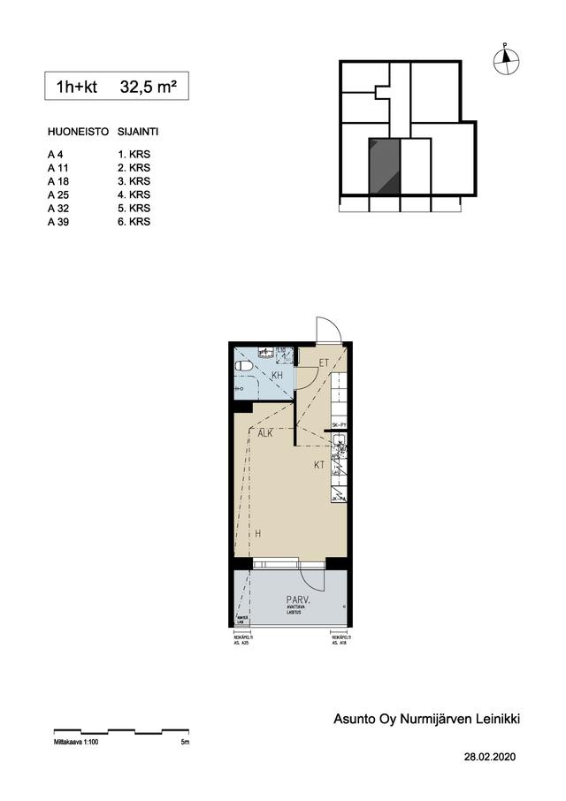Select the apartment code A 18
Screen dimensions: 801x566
(57, 181)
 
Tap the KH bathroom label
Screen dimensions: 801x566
(277, 376)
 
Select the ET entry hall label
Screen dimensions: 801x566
(324, 362)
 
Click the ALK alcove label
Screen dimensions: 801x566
(265, 434)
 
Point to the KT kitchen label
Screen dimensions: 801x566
(319, 463)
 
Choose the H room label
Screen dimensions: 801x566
(258, 534)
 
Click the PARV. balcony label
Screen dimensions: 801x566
(297, 599)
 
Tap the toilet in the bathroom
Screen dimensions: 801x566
(244, 364)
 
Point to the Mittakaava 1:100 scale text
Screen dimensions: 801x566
(74, 743)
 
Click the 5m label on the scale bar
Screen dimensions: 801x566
(184, 743)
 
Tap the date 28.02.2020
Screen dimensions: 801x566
(489, 758)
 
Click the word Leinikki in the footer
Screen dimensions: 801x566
(496, 720)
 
